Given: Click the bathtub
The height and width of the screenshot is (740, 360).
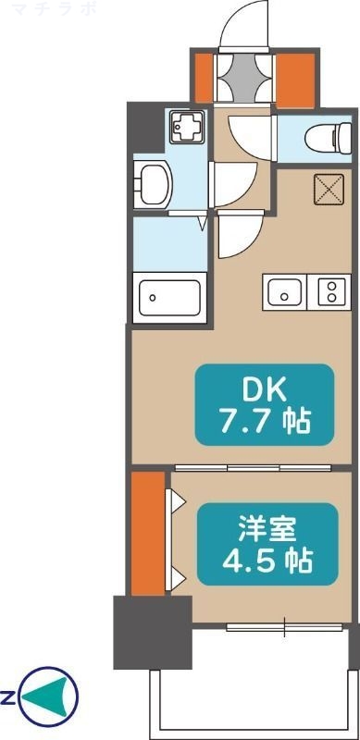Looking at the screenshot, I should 169,299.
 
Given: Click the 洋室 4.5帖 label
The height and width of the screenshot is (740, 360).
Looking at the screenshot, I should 254,543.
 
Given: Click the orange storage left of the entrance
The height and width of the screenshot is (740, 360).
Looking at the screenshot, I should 204,78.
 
